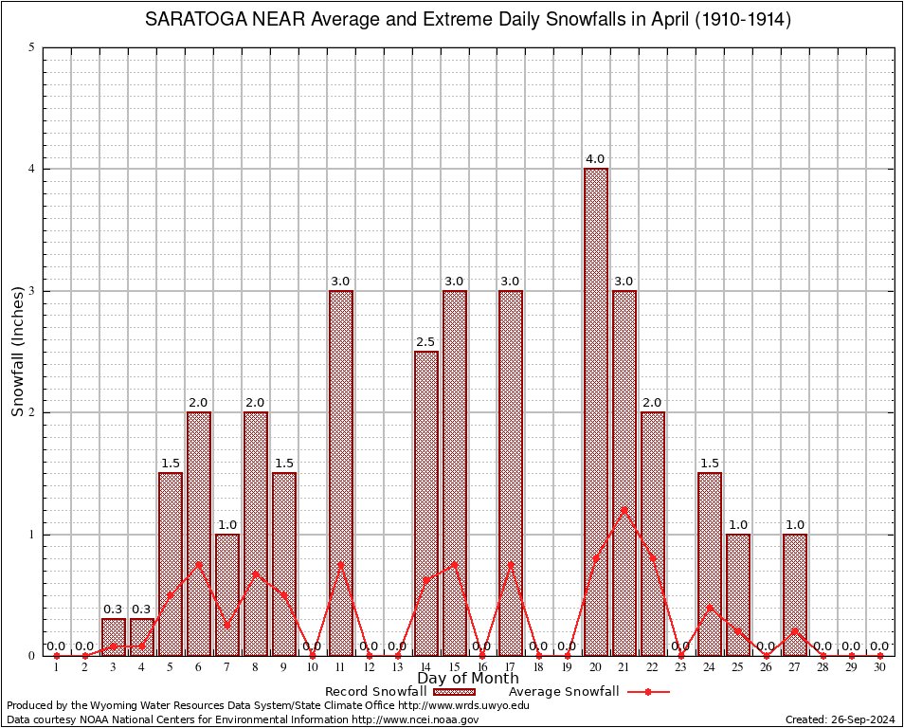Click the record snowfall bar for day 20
pyautogui.click(x=596, y=412)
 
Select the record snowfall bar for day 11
pyautogui.click(x=341, y=473)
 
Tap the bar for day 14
pyautogui.click(x=426, y=503)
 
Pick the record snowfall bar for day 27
pyautogui.click(x=795, y=594)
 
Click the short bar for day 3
pyautogui.click(x=114, y=637)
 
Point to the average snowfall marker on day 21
pyautogui.click(x=624, y=510)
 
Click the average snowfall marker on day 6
pyautogui.click(x=199, y=564)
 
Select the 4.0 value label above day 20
pyautogui.click(x=596, y=159)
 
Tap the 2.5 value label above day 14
pyautogui.click(x=426, y=341)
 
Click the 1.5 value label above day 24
pyautogui.click(x=710, y=464)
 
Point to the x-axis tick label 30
pyautogui.click(x=880, y=667)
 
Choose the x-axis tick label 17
pyautogui.click(x=511, y=667)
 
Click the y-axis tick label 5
pyautogui.click(x=32, y=47)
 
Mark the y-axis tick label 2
pyautogui.click(x=32, y=412)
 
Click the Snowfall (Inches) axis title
pyautogui.click(x=18, y=352)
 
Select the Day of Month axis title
pyautogui.click(x=468, y=679)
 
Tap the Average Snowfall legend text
pyautogui.click(x=564, y=692)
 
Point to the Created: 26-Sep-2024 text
pyautogui.click(x=840, y=719)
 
